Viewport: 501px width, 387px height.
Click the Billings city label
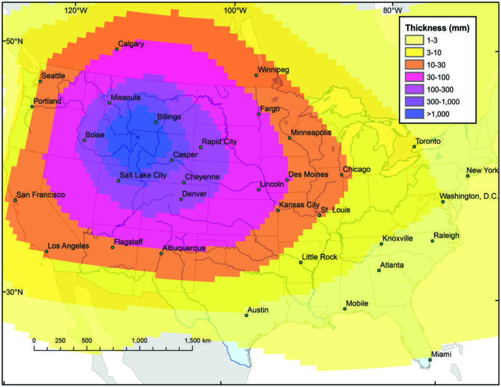coord(169,116)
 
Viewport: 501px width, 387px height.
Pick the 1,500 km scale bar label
coord(197,340)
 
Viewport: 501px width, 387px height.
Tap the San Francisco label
coord(41,195)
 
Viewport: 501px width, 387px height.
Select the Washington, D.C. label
coord(468,196)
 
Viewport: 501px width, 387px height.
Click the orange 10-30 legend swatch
coord(414,65)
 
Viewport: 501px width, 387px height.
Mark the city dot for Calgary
coord(116,49)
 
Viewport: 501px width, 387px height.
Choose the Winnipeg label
coord(273,70)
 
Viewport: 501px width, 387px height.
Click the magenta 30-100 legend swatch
coord(414,77)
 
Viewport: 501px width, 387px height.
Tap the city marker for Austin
coord(246,315)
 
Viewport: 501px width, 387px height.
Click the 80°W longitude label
coord(392,10)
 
